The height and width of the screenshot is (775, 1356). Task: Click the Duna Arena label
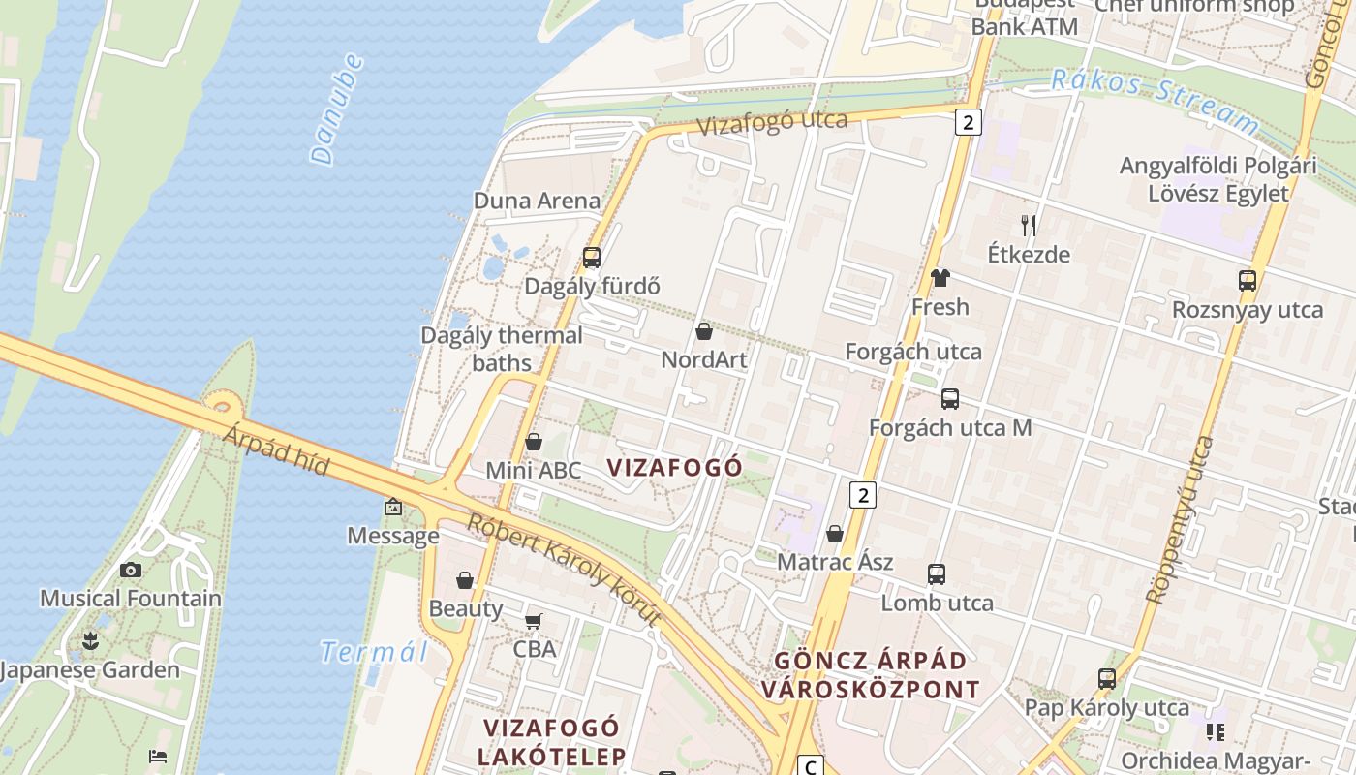pyautogui.click(x=537, y=201)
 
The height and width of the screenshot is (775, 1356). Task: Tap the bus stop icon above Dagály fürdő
pyautogui.click(x=591, y=258)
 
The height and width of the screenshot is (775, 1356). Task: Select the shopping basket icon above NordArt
pyautogui.click(x=704, y=331)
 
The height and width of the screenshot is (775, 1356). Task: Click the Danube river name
pyautogui.click(x=337, y=108)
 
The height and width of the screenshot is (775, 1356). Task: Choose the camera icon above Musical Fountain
pyautogui.click(x=131, y=570)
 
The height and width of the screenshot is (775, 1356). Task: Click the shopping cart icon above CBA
pyautogui.click(x=534, y=621)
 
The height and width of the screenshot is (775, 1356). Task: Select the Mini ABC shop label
pyautogui.click(x=534, y=471)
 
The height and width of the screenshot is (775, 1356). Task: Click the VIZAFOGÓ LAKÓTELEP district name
pyautogui.click(x=551, y=741)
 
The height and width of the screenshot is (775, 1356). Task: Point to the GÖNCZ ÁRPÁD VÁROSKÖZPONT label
pyautogui.click(x=870, y=675)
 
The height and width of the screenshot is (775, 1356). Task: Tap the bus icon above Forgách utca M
pyautogui.click(x=949, y=399)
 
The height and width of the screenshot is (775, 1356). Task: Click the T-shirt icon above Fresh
pyautogui.click(x=940, y=278)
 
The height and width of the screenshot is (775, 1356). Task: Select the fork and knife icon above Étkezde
pyautogui.click(x=1029, y=226)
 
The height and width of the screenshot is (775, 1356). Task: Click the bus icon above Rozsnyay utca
pyautogui.click(x=1247, y=281)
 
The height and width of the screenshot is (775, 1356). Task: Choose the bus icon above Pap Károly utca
pyautogui.click(x=1106, y=679)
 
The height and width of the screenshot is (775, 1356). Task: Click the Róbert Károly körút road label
pyautogui.click(x=565, y=570)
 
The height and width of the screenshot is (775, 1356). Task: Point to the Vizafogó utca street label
pyautogui.click(x=772, y=123)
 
